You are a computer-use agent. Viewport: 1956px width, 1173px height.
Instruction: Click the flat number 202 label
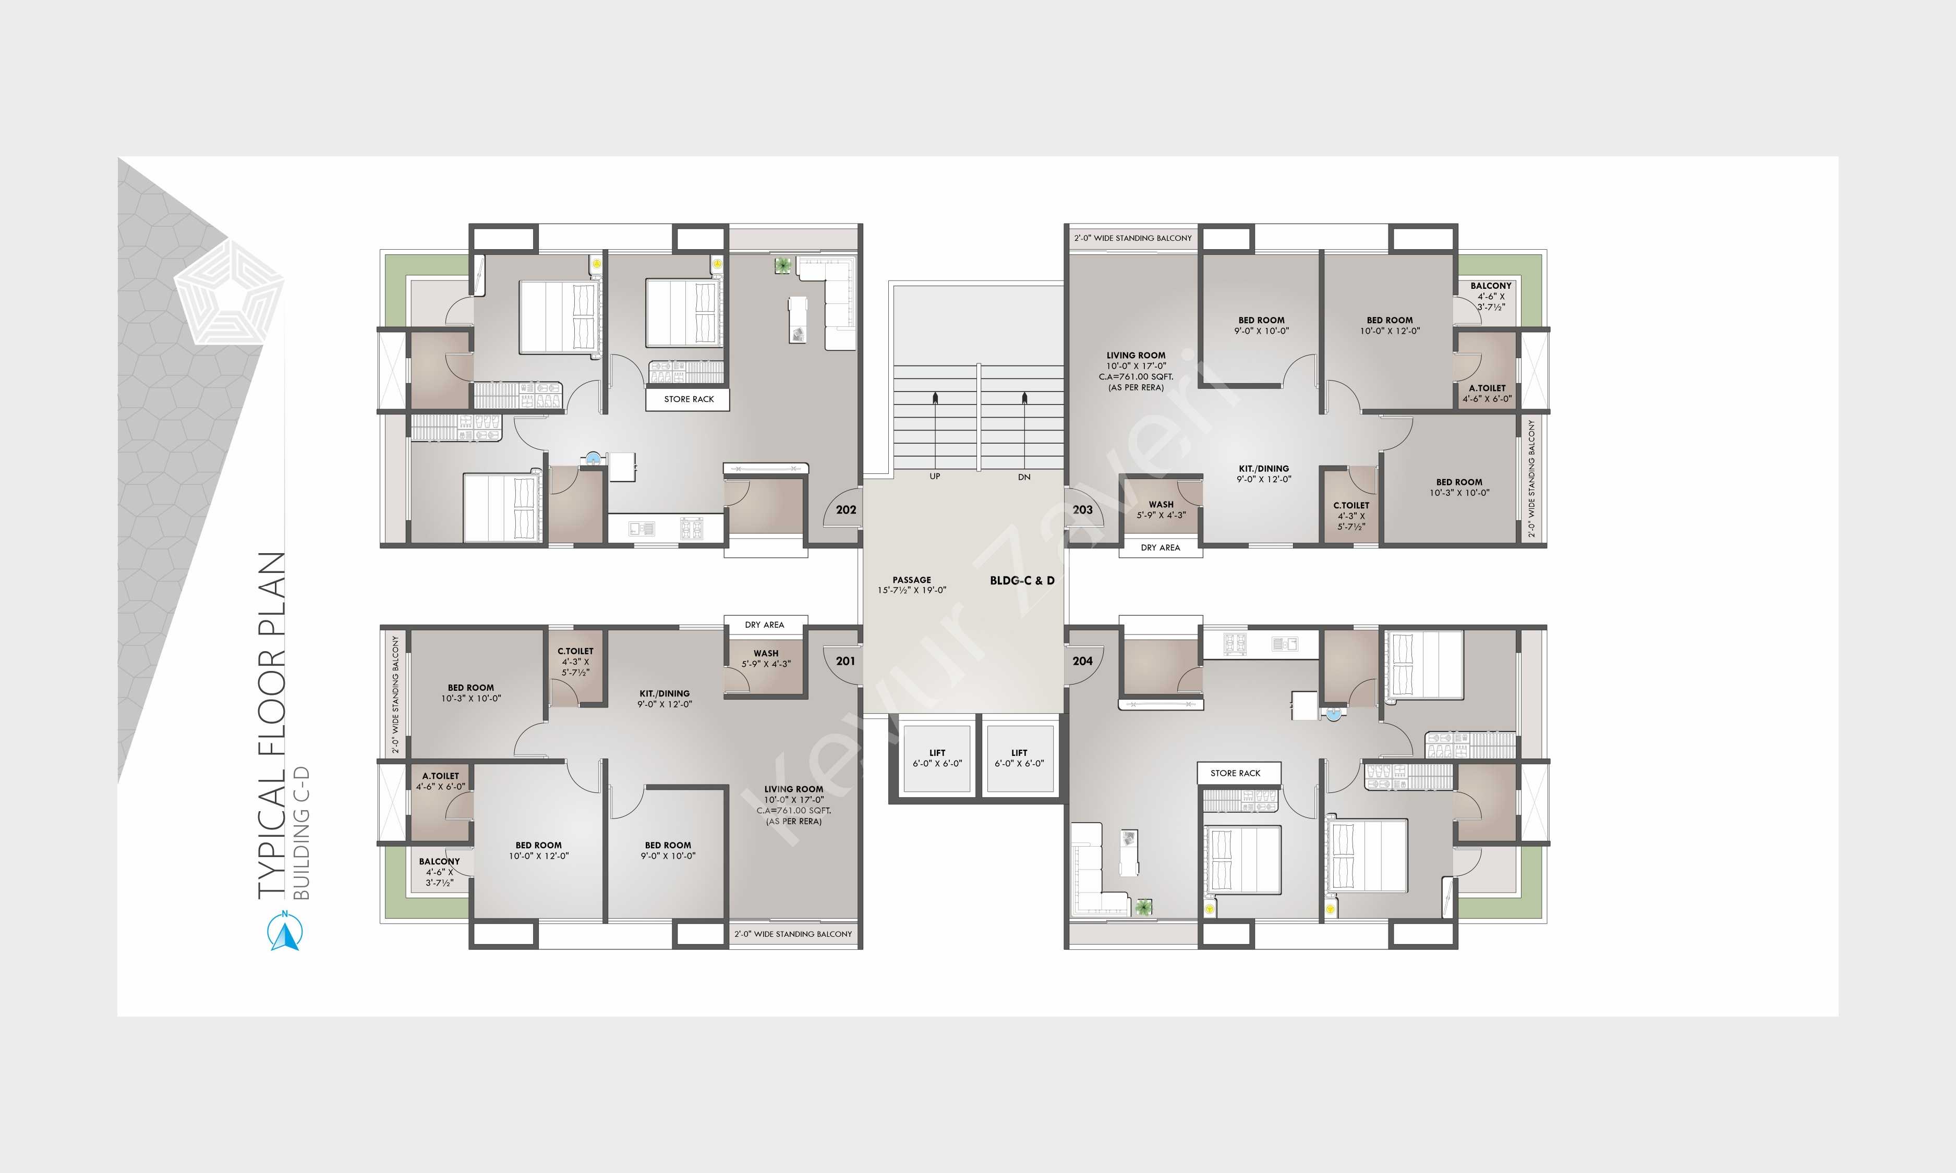tap(846, 510)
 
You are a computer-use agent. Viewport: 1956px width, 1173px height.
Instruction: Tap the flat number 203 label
tap(1082, 510)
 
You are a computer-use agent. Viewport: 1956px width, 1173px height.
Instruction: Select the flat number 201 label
tap(845, 661)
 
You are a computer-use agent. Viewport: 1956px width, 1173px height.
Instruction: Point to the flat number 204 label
tap(1082, 661)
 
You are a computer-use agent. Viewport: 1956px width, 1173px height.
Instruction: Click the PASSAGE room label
tap(912, 579)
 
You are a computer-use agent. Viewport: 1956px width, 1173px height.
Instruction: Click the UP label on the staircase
tap(935, 476)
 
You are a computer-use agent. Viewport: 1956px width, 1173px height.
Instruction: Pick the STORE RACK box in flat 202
tap(688, 399)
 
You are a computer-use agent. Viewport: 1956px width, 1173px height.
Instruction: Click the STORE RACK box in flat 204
tap(1235, 773)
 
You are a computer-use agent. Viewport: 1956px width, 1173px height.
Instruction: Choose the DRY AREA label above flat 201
tap(765, 625)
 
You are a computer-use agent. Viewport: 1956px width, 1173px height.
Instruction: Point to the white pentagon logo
tap(230, 292)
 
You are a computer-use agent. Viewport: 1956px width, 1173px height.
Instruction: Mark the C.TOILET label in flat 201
tap(575, 651)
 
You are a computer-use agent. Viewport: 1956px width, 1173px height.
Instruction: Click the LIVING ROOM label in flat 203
tap(1136, 356)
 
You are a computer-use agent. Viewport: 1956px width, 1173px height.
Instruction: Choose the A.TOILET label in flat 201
tap(440, 776)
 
